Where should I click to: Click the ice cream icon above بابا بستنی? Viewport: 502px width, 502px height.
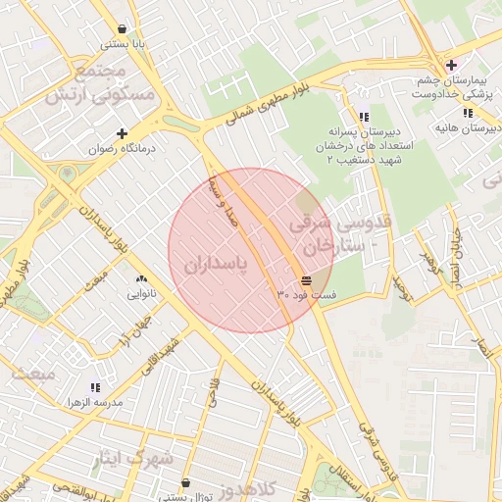tap(121, 29)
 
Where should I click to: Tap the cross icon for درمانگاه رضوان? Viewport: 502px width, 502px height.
tap(122, 133)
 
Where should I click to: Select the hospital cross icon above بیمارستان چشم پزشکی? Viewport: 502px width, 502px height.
tap(450, 66)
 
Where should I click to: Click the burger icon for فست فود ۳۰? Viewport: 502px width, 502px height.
tap(293, 281)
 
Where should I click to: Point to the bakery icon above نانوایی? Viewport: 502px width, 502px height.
tap(142, 279)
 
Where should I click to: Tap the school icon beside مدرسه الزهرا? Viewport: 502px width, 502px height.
tap(94, 388)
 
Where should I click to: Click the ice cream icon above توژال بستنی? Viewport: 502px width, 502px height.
tap(186, 482)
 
